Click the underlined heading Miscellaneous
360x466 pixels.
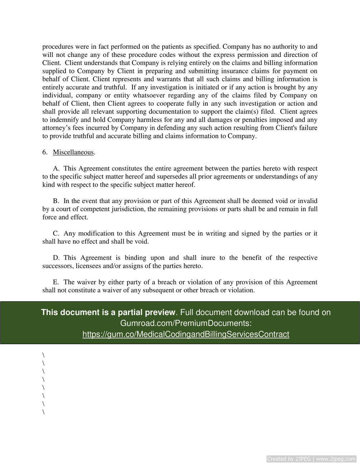click(73, 152)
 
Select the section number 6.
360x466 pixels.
click(45, 152)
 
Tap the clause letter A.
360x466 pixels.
click(56, 168)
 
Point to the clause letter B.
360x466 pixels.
click(56, 201)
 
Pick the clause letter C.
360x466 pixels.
click(56, 234)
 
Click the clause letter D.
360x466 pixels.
click(56, 258)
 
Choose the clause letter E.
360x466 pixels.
click(56, 282)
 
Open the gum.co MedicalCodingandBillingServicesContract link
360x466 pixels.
click(186, 334)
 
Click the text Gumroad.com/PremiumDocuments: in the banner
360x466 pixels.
click(186, 323)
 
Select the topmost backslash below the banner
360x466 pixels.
click(43, 355)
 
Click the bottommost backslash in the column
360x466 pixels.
click(43, 412)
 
